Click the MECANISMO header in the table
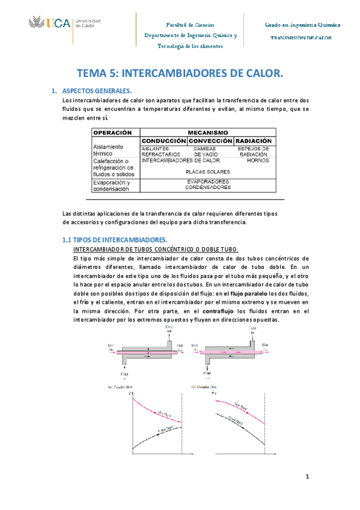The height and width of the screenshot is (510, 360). pos(208,132)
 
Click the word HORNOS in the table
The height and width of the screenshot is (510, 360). pos(257,161)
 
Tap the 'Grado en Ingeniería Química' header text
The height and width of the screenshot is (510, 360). pos(302,26)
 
